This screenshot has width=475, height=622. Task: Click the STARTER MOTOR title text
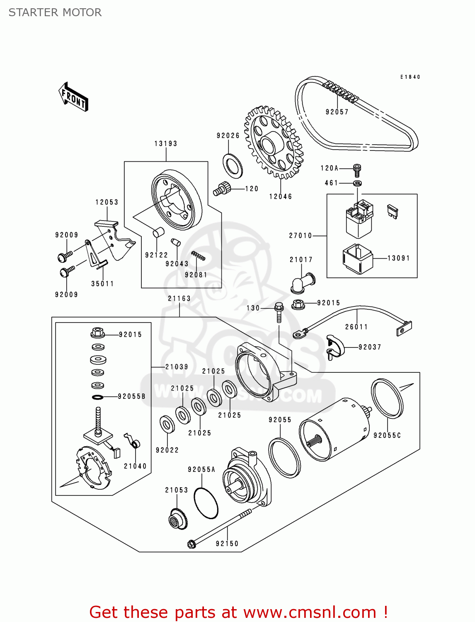point(55,12)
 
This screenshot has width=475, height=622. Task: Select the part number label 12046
point(281,197)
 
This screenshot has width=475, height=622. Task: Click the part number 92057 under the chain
point(337,112)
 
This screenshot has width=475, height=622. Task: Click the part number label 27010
point(301,236)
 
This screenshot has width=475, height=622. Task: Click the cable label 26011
point(356,327)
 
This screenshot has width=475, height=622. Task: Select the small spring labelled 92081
point(198,256)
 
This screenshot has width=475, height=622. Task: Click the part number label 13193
point(166,143)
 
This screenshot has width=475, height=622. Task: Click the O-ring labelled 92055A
point(206,503)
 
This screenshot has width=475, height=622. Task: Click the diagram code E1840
point(410,77)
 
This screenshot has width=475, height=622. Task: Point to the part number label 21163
point(179,299)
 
